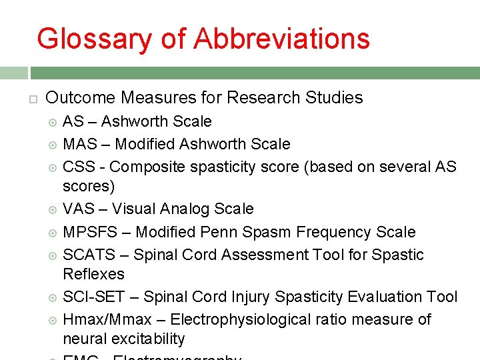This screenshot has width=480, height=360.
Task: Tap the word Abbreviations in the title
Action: coord(282,39)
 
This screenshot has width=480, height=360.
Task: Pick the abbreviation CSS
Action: coord(79,166)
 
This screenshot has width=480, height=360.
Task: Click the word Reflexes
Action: coord(93,274)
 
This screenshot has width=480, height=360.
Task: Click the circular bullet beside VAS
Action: coord(53,210)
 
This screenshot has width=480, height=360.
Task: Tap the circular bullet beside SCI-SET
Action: coord(53,297)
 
